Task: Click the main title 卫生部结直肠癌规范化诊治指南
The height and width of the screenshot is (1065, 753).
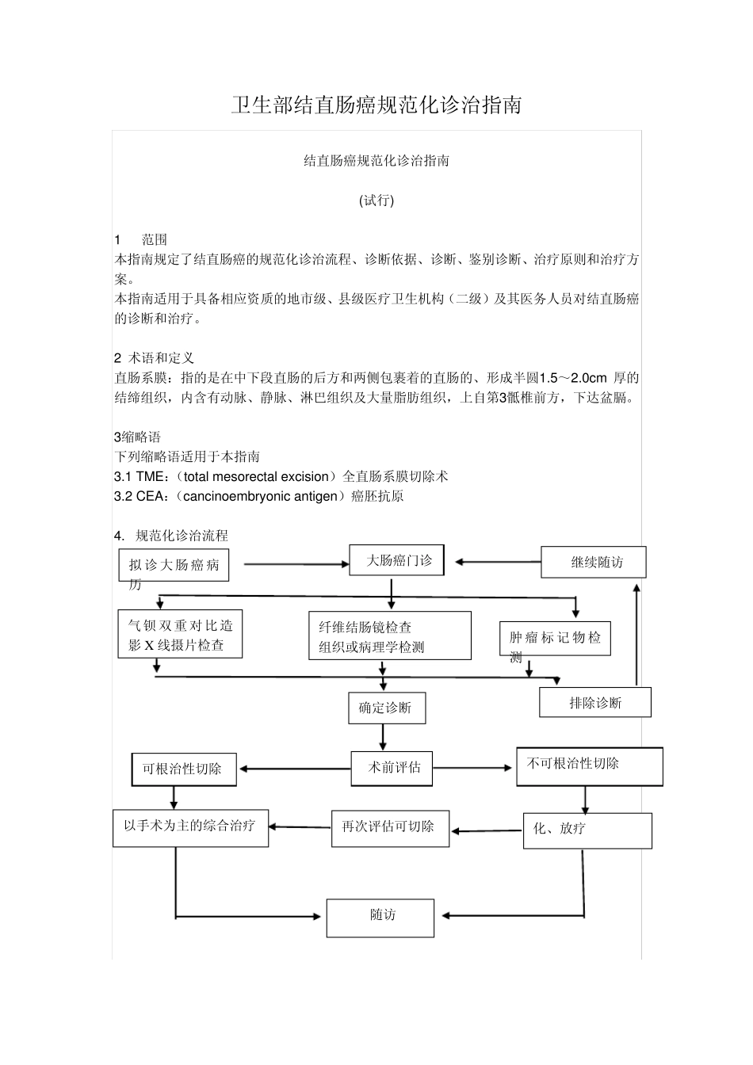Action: click(376, 105)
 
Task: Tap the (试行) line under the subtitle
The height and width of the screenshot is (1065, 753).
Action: click(376, 200)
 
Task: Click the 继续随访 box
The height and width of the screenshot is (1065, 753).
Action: click(594, 562)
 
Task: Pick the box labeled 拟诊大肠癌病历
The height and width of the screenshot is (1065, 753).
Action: click(174, 565)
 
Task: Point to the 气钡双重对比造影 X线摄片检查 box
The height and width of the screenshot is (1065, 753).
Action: click(180, 635)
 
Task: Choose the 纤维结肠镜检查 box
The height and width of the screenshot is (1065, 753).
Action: click(389, 636)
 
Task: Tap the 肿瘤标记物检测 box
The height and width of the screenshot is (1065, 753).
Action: click(555, 638)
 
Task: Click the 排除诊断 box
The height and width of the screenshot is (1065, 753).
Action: click(595, 702)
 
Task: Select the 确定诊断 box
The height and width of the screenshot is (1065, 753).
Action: click(386, 708)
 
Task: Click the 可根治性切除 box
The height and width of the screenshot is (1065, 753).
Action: click(183, 769)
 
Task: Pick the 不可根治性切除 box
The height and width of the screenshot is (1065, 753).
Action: click(589, 766)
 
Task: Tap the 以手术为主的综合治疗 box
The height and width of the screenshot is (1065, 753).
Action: click(190, 827)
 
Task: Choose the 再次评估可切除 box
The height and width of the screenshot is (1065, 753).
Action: click(390, 827)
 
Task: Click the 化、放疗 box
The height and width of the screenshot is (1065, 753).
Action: click(587, 830)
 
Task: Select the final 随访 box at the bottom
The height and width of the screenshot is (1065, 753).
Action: click(380, 918)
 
